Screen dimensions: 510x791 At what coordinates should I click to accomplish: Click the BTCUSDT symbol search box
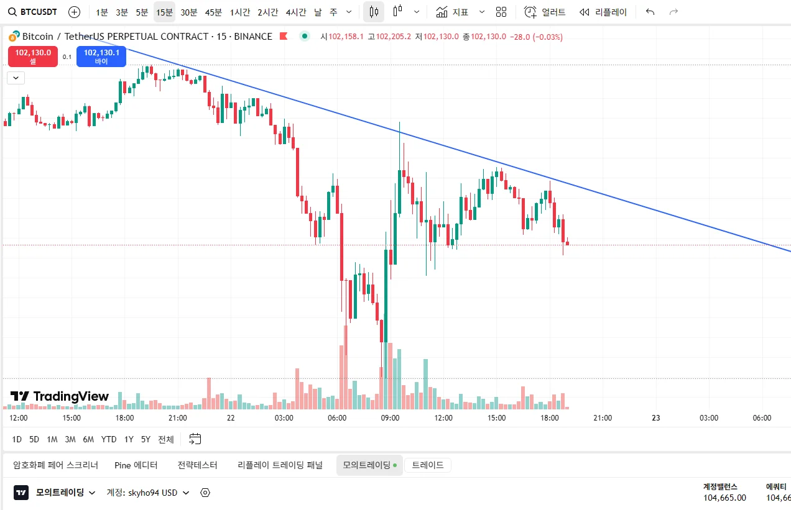pos(35,12)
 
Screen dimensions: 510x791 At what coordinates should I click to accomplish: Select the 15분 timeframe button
pos(164,12)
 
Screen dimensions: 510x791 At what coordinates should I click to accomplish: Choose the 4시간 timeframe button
pos(296,12)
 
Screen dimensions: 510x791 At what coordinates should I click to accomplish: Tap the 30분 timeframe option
pos(189,12)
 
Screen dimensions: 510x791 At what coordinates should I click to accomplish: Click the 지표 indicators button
pos(452,12)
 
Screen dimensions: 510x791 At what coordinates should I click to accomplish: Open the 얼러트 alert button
pos(545,12)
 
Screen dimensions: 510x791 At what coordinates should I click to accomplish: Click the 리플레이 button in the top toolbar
pos(603,12)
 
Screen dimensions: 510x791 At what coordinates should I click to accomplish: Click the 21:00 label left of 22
pos(178,418)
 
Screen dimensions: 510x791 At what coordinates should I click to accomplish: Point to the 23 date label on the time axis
pos(655,418)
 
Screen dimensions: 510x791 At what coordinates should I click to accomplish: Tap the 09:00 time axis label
pos(390,418)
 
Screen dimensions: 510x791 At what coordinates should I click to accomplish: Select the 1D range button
pos(17,439)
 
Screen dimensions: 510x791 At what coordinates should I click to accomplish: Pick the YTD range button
pos(109,439)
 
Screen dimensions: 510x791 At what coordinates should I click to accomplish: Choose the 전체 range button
pos(166,439)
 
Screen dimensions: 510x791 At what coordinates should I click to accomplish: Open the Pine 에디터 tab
pos(136,465)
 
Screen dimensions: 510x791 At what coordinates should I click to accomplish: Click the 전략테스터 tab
pos(197,465)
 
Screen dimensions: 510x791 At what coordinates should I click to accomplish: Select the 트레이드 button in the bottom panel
pos(428,465)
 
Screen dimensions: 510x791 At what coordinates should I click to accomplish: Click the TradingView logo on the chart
pos(60,396)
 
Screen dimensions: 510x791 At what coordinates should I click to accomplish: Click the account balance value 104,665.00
pos(724,498)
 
